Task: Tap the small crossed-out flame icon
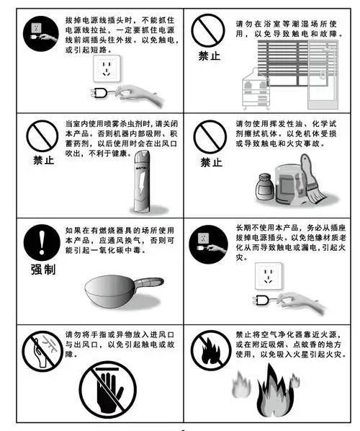pos(210,349)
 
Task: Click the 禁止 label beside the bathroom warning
pos(210,55)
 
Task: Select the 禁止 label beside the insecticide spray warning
pos(43,160)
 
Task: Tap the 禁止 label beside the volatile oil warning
pos(210,161)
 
